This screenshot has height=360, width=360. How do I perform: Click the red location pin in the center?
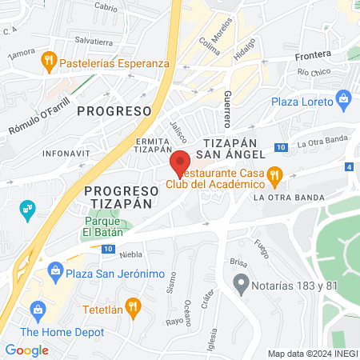click(180, 163)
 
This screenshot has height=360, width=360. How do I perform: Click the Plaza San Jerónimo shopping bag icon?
click(55, 270)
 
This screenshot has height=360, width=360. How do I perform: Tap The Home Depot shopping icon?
click(36, 310)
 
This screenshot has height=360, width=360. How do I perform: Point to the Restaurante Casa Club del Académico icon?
click(274, 174)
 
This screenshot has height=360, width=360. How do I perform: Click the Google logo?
click(27, 350)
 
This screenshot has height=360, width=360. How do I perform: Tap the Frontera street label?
click(313, 57)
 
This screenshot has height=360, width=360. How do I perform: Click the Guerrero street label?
click(228, 110)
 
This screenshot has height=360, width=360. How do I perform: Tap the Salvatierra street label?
click(94, 40)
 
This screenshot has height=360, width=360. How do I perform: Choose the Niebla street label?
click(130, 255)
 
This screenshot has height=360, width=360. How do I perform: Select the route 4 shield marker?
click(349, 167)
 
